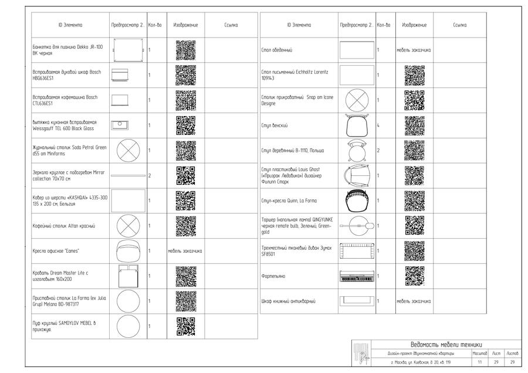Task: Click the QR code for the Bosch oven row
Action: [x=185, y=75]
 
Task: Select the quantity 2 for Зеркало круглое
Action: [x=150, y=175]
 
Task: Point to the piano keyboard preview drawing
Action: [x=357, y=276]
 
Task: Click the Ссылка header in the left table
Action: [x=231, y=25]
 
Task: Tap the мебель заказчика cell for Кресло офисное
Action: [x=185, y=250]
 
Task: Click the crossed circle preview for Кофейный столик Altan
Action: [x=128, y=225]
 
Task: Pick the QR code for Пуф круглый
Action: [x=185, y=326]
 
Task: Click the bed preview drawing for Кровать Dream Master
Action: [x=128, y=276]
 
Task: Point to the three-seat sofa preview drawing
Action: [x=357, y=250]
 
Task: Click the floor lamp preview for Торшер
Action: [x=357, y=225]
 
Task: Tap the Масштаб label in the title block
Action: [x=479, y=354]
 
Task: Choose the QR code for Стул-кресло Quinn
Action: [x=414, y=200]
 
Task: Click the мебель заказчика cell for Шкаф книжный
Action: [x=414, y=301]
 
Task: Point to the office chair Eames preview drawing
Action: [x=128, y=250]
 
